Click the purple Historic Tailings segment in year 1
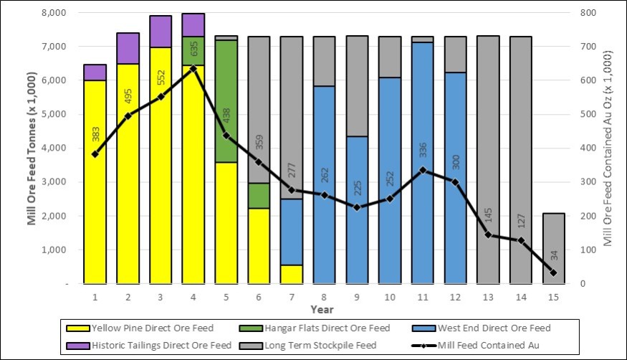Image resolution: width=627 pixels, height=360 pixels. click(x=95, y=72)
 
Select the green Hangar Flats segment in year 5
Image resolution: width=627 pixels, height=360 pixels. click(x=226, y=101)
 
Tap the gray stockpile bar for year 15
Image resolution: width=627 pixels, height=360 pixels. click(x=553, y=248)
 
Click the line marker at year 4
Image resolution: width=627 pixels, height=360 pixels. click(x=193, y=69)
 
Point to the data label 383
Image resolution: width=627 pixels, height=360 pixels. click(x=96, y=134)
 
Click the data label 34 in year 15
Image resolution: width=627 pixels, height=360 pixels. click(x=554, y=255)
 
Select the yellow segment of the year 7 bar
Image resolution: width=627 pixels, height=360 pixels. click(x=292, y=275)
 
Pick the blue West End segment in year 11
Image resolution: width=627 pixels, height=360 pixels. click(x=423, y=163)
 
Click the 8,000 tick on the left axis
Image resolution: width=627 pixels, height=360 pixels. click(x=54, y=13)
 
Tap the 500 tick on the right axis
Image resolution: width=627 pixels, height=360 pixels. click(x=588, y=114)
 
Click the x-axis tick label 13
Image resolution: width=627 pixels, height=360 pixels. click(x=488, y=297)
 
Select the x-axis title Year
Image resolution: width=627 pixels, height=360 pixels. click(x=322, y=309)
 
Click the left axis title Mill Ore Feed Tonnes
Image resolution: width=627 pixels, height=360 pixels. click(x=32, y=148)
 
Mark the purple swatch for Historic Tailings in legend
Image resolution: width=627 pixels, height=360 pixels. click(x=78, y=345)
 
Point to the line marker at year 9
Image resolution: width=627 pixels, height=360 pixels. click(x=357, y=207)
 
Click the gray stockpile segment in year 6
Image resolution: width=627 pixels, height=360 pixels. click(x=259, y=110)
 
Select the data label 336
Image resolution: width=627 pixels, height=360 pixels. click(x=423, y=150)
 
